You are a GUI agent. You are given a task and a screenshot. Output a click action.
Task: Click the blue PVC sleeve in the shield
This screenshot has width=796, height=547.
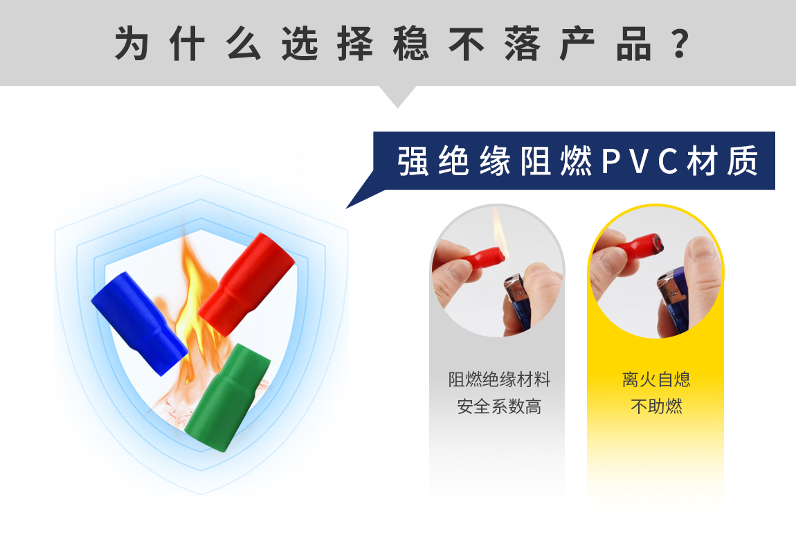pyautogui.click(x=138, y=323)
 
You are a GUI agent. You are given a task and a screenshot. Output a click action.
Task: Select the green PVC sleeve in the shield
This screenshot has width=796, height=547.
pyautogui.click(x=227, y=397)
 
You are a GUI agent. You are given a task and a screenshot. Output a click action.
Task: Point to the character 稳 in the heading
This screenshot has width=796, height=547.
pyautogui.click(x=410, y=44)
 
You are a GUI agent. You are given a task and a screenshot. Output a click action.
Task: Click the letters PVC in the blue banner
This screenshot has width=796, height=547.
pyautogui.click(x=640, y=161)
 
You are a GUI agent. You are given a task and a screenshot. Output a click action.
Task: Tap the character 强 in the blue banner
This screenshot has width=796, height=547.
pyautogui.click(x=413, y=161)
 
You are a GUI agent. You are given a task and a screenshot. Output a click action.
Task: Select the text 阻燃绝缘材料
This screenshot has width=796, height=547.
pyautogui.click(x=499, y=379)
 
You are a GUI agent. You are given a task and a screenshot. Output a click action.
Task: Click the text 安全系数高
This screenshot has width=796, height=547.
pyautogui.click(x=499, y=406)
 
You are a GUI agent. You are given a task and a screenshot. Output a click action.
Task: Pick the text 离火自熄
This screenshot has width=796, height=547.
pyautogui.click(x=656, y=379)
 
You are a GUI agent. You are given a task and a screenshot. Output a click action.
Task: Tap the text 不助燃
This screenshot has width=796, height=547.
pyautogui.click(x=656, y=406)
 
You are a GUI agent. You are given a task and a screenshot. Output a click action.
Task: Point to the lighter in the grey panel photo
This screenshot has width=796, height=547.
pyautogui.click(x=517, y=303)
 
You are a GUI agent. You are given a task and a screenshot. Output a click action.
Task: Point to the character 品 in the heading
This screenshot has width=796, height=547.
pyautogui.click(x=633, y=44)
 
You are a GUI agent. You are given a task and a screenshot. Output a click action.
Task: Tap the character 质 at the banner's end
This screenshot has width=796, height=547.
pyautogui.click(x=742, y=161)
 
